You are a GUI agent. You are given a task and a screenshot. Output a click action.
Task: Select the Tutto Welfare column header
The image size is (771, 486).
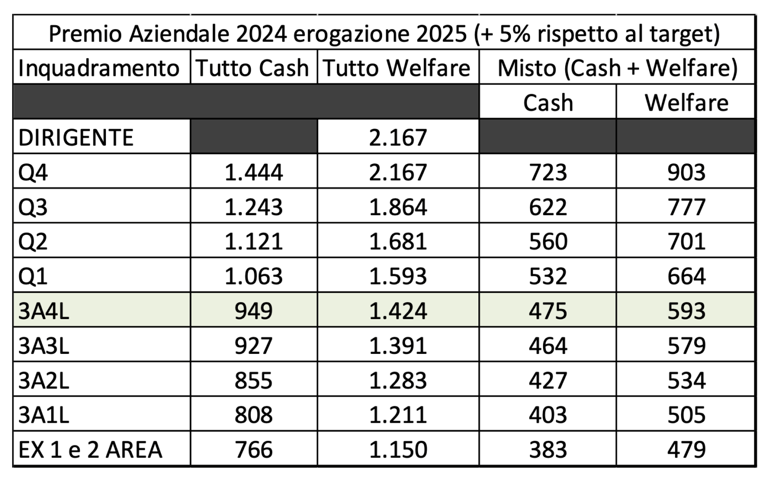click(x=397, y=68)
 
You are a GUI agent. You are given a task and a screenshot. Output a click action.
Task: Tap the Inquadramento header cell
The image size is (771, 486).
click(x=99, y=68)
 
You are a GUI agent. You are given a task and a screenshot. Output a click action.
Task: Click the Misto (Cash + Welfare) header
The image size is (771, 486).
click(x=617, y=68)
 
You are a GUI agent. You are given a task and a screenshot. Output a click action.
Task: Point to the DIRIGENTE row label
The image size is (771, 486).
click(x=76, y=137)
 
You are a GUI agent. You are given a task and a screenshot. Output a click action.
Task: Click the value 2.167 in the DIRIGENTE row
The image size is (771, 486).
click(x=398, y=137)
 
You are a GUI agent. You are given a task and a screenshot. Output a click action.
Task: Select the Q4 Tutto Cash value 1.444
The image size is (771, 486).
click(x=253, y=172)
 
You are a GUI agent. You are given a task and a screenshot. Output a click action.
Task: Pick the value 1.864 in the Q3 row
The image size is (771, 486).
click(x=398, y=207)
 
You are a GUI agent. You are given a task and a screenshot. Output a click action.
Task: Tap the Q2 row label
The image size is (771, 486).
click(x=33, y=242)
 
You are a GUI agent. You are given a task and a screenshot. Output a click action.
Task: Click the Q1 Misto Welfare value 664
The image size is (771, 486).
click(x=686, y=276)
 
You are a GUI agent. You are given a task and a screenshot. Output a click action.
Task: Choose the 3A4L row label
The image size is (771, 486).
click(x=44, y=311)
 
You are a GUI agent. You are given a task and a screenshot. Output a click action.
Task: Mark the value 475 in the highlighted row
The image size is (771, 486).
click(x=548, y=311)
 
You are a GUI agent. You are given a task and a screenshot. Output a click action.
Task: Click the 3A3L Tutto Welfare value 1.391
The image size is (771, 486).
click(x=398, y=346)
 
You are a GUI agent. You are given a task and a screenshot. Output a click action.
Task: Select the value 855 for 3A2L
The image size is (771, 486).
click(x=253, y=380)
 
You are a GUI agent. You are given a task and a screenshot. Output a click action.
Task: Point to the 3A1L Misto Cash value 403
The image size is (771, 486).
click(x=548, y=415)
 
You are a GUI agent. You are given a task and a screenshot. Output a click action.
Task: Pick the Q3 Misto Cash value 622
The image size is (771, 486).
click(x=548, y=207)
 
